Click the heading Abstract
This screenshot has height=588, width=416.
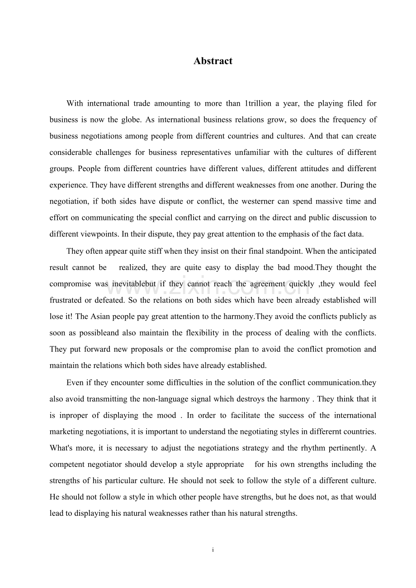point(213,61)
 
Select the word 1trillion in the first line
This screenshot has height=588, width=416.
point(258,103)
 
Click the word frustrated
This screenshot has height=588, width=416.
point(66,300)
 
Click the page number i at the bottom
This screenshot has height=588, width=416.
point(213,550)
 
